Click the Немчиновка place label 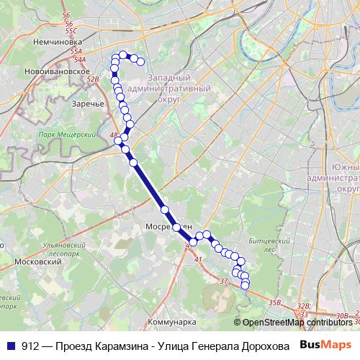tap(55, 42)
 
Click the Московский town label tap(38, 262)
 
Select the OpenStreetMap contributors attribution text tap(296, 323)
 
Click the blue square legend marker tap(11, 344)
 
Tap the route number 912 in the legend tap(30, 344)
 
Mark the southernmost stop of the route tap(245, 286)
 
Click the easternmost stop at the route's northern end tap(141, 61)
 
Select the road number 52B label tap(92, 79)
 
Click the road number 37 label tap(224, 280)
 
